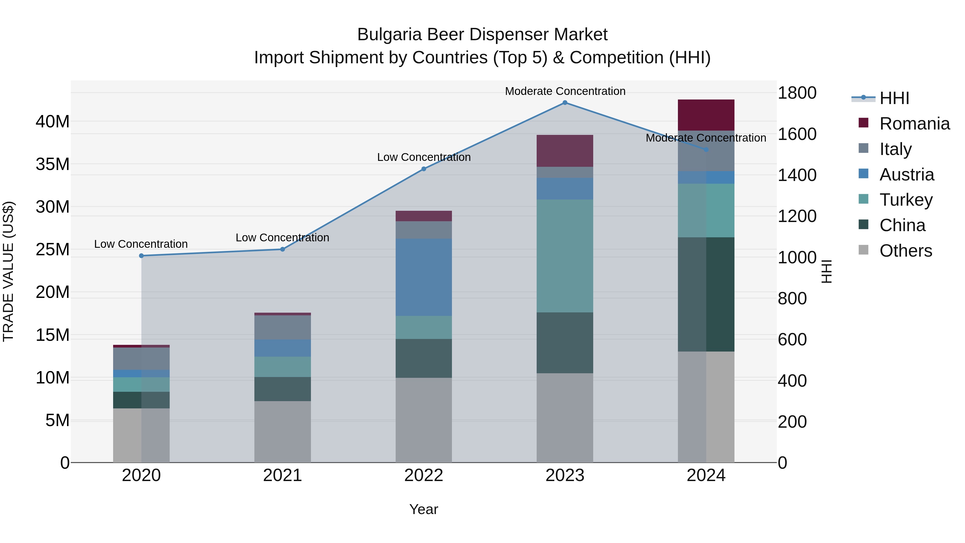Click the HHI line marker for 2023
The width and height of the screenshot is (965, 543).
pos(565,103)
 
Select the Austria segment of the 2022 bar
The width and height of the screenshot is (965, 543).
pos(424,277)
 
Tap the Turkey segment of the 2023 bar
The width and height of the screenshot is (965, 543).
pos(565,256)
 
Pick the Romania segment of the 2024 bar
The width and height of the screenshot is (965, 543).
pos(706,115)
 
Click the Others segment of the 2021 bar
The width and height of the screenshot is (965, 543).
pos(283,432)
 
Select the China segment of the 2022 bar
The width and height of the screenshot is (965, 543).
pos(424,358)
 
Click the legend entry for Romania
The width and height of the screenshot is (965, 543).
pos(914,124)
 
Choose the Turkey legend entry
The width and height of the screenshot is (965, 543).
pos(905,200)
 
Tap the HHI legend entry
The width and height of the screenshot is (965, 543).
pos(894,98)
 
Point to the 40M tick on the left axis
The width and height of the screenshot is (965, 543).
pos(53,122)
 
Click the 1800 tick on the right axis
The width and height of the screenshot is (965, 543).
pos(797,93)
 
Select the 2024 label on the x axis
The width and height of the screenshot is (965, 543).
pos(706,475)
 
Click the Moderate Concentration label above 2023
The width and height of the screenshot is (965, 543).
pos(565,91)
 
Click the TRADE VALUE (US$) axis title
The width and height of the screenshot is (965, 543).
pos(9,271)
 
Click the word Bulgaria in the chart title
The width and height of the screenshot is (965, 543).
pos(389,35)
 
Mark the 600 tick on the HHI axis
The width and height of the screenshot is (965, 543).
pos(792,339)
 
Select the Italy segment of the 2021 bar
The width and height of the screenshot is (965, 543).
pos(283,327)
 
